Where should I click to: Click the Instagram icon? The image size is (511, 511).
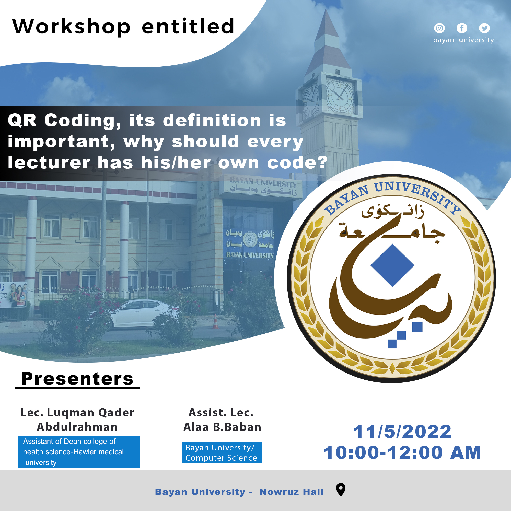coord(439,28)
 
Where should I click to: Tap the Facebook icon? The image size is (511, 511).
coord(462,28)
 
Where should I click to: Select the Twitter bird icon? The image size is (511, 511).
coord(484,28)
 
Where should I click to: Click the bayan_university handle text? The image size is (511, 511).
coord(463,40)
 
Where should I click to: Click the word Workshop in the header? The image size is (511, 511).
coord(72,27)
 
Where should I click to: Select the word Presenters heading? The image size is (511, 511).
coord(77,379)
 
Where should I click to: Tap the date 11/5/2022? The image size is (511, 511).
coord(402,432)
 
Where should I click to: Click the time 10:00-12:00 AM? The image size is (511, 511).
coord(402,452)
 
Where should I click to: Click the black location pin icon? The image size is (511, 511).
coord(341,490)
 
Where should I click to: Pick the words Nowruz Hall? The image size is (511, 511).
coord(292,492)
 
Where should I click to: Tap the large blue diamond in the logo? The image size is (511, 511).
coord(392,265)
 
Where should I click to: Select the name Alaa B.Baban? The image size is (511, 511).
coord(222,427)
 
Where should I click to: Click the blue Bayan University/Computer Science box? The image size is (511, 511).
coord(222,452)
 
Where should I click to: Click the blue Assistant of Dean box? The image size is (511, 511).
coord(79,452)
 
